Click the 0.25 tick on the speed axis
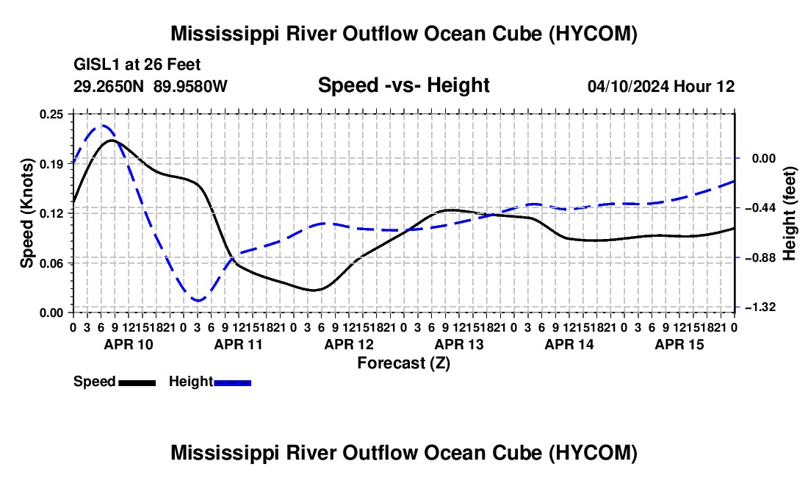click(x=51, y=114)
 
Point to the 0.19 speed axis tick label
click(x=51, y=164)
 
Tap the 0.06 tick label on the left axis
click(x=51, y=263)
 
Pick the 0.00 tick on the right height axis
click(x=764, y=158)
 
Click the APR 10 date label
click(x=129, y=344)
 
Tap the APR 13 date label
click(x=459, y=344)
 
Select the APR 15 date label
click(x=679, y=344)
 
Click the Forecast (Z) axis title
click(x=404, y=363)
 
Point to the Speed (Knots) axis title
click(x=26, y=213)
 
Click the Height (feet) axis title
click(x=789, y=213)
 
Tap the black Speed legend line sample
click(x=137, y=382)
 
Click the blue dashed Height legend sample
click(x=232, y=382)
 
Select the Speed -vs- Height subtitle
click(x=403, y=85)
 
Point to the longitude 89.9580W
click(x=190, y=86)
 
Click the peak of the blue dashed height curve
click(x=102, y=125)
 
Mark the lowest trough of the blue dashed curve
click(x=198, y=300)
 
